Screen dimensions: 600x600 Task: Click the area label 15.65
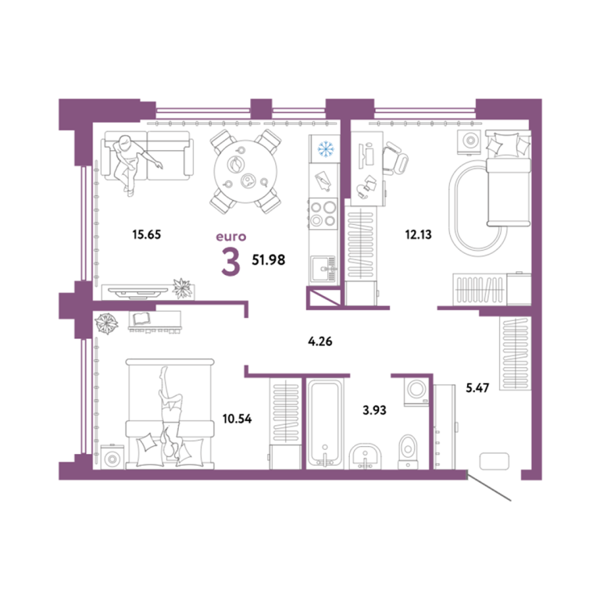147,234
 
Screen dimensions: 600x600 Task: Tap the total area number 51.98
268,260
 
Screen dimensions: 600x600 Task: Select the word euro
230,237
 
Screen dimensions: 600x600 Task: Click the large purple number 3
230,262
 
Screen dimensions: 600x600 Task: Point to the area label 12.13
418,234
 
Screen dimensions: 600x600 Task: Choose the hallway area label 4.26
320,341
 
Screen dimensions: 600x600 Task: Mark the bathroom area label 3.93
374,410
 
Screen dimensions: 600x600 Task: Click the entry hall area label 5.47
477,388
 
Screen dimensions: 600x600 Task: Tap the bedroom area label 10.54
237,419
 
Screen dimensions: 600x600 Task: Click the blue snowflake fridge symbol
326,148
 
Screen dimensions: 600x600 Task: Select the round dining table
245,171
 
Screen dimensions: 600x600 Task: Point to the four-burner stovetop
323,213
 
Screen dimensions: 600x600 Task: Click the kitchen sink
323,269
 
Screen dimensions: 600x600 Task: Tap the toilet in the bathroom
408,452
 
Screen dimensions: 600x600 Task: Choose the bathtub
325,423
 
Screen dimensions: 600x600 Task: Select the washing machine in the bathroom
416,391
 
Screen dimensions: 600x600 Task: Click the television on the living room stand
137,291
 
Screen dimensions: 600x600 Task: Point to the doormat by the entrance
495,461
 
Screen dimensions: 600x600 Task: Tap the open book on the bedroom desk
141,319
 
